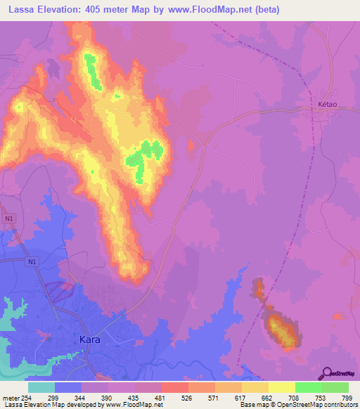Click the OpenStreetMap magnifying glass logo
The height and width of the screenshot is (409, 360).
coord(326,373)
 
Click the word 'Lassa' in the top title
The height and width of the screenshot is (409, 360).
coord(24,9)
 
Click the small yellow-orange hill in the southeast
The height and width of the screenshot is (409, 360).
coord(280,330)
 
